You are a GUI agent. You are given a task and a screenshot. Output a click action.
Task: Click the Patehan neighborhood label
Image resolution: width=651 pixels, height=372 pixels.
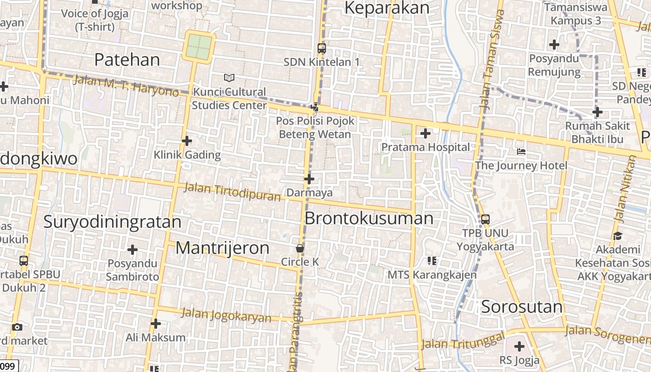tap(127, 60)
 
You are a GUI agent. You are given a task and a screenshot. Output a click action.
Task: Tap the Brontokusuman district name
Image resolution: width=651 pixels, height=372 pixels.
tap(369, 218)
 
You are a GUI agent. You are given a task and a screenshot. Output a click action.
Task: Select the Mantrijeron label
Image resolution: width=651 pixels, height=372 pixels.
tap(222, 248)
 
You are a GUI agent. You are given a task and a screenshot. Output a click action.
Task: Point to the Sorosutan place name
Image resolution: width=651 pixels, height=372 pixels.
tap(522, 307)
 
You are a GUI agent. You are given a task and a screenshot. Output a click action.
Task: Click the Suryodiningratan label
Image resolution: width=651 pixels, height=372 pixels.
tap(112, 222)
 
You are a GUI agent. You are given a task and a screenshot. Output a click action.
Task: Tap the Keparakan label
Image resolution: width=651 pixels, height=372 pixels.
tap(387, 8)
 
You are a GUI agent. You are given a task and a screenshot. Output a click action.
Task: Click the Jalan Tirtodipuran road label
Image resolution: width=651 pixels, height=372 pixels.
tap(232, 192)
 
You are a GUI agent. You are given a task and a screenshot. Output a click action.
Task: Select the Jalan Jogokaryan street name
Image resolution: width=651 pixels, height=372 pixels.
tap(226, 315)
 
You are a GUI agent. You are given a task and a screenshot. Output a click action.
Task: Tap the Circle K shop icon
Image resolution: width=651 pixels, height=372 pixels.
tap(300, 248)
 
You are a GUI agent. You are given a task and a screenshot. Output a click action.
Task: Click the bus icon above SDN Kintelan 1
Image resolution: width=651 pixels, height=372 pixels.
tap(321, 48)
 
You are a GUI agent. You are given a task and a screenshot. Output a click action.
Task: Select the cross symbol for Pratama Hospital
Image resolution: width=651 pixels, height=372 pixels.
tap(425, 134)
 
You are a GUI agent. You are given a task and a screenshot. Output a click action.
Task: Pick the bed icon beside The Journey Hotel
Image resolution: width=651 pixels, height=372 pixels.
tap(521, 152)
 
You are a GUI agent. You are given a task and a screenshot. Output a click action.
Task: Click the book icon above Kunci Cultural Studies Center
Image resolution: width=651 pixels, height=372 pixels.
tap(229, 78)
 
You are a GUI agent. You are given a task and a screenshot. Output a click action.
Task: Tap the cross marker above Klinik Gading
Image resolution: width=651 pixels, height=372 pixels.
tap(187, 141)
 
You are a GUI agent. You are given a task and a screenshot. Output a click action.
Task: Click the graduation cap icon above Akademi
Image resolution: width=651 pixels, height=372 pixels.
tap(618, 236)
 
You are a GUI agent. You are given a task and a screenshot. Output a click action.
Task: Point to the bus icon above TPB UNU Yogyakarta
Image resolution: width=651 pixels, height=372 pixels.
tap(485, 219)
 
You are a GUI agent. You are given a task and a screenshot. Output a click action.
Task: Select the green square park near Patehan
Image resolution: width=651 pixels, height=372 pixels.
tap(199, 46)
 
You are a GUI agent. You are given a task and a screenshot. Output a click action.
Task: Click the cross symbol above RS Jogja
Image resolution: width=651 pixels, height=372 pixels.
tap(519, 346)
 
